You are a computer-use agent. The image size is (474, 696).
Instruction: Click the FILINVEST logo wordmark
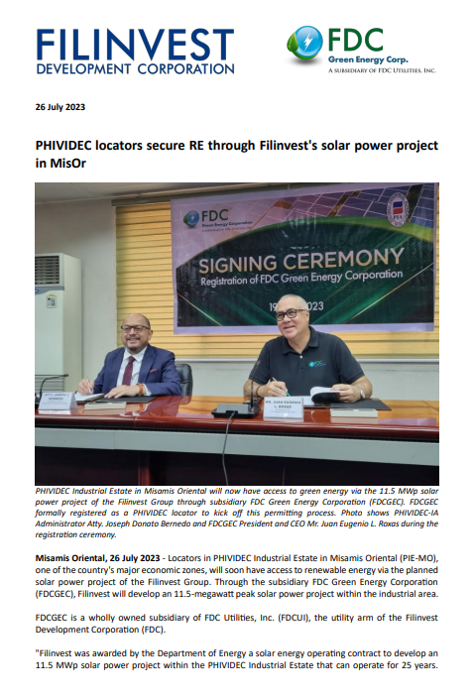135,44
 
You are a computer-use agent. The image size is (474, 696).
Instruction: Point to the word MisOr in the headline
59,164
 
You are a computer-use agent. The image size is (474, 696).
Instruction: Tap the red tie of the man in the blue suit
127,370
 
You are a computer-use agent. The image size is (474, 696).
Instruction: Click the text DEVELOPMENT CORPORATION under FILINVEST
135,69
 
